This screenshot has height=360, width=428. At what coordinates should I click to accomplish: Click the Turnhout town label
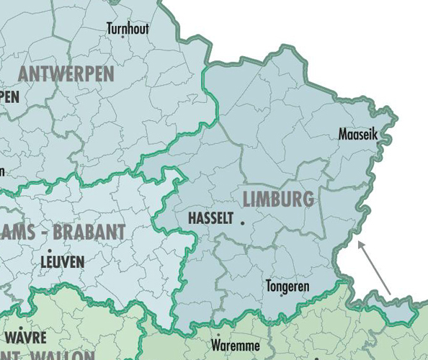[x=128, y=29]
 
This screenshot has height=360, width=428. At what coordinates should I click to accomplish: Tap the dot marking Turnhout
[x=122, y=37]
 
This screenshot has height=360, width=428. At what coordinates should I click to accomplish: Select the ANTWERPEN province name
[x=66, y=74]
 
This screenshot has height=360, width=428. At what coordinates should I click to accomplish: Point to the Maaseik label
[x=357, y=134]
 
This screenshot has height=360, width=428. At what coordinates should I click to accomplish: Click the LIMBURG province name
[x=278, y=199]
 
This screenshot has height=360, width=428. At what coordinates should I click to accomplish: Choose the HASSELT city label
[x=210, y=219]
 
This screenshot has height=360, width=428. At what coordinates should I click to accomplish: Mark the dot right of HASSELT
[x=243, y=223]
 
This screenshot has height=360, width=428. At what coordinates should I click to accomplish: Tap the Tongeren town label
[x=287, y=286]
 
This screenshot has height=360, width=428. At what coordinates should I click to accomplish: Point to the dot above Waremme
[x=218, y=335]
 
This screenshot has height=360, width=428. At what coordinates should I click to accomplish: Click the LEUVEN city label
[x=62, y=262]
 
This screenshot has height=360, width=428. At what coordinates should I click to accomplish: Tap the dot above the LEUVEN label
[x=50, y=251]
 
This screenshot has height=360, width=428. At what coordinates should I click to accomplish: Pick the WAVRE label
[x=25, y=338]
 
